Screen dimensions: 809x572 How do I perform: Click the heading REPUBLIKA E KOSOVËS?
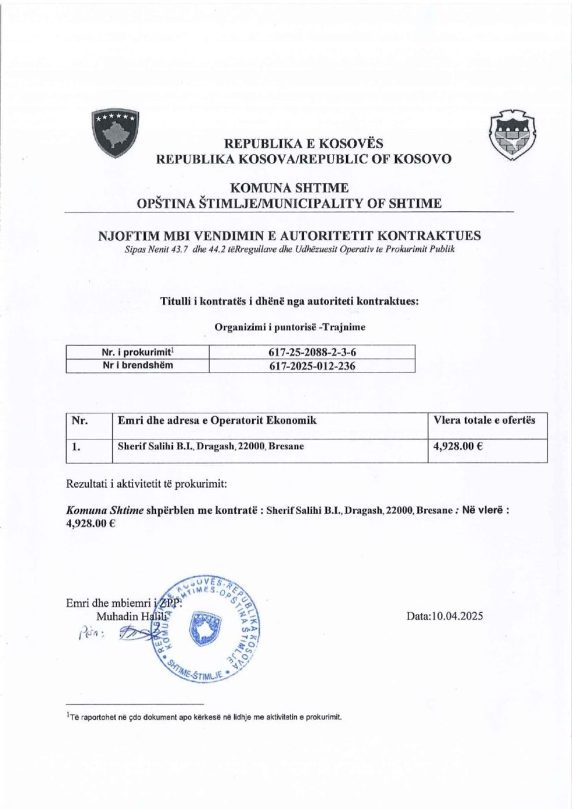[303, 143]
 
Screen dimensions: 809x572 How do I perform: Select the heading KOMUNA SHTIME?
[290, 189]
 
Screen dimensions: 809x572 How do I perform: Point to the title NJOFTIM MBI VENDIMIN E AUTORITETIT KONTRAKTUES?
[290, 236]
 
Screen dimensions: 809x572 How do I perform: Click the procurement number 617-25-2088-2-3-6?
[312, 352]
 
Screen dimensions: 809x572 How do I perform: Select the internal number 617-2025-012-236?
[312, 366]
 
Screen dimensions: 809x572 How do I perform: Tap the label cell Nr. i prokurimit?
[138, 352]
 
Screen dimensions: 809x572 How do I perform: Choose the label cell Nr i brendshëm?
[138, 366]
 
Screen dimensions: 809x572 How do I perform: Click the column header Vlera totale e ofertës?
[484, 420]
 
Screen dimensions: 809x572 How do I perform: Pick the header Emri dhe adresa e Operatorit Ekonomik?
[217, 420]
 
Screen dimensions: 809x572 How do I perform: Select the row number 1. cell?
[76, 447]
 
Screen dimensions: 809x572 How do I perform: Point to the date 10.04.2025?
[447, 616]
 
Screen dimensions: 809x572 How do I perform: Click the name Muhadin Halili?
[131, 616]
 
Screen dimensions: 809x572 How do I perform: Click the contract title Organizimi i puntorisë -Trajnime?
[290, 327]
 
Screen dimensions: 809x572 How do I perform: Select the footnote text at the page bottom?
[204, 717]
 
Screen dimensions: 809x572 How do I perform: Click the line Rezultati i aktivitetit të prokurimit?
[147, 484]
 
